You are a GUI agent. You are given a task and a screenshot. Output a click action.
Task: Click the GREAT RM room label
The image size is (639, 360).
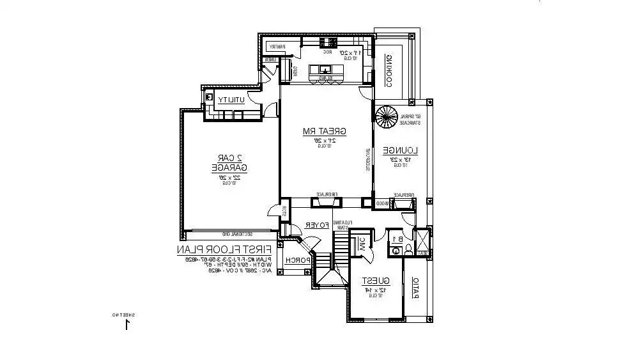[325, 132]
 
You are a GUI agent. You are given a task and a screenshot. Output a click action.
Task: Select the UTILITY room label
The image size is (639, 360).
[229, 100]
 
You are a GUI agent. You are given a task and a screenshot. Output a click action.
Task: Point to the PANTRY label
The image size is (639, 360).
[277, 47]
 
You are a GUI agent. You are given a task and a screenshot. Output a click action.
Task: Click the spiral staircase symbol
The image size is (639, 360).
[386, 117]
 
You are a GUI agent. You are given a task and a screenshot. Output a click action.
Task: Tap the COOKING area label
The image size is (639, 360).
[388, 71]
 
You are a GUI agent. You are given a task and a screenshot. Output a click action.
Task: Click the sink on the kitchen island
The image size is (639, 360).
[325, 69]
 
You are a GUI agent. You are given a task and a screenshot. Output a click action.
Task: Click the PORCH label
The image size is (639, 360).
[298, 260]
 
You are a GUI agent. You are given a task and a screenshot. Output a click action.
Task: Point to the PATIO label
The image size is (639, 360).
[415, 288]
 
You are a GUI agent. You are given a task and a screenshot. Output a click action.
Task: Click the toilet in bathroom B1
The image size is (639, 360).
[396, 251]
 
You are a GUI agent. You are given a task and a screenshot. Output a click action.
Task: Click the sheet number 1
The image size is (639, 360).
[127, 324]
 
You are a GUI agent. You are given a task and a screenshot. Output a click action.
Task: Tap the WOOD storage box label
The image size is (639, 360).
[381, 203]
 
